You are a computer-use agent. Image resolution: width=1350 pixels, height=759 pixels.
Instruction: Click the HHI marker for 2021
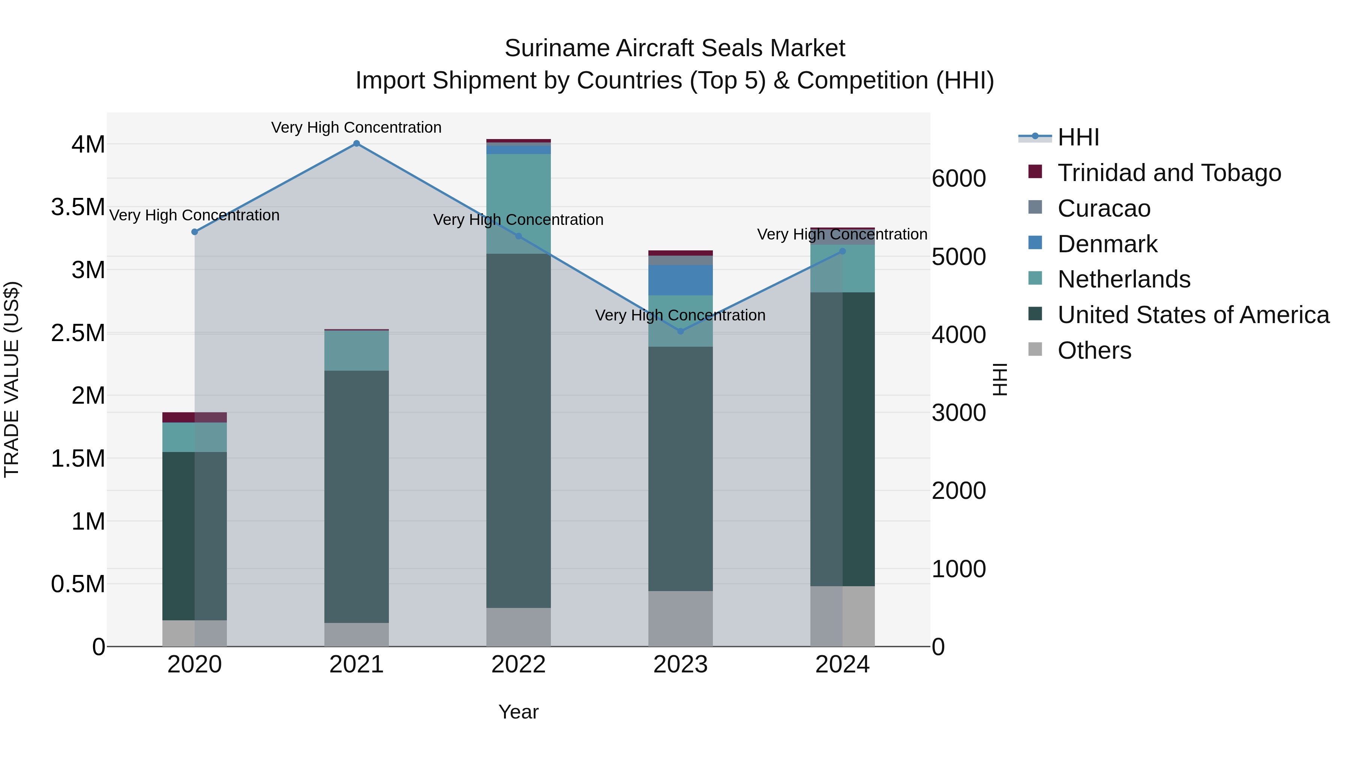pyautogui.click(x=356, y=144)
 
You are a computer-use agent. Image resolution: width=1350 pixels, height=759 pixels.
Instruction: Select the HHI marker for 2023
pyautogui.click(x=680, y=331)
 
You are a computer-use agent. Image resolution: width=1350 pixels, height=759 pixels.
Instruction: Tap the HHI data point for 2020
pyautogui.click(x=194, y=232)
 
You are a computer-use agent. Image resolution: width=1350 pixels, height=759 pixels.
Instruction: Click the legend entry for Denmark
pyautogui.click(x=1107, y=244)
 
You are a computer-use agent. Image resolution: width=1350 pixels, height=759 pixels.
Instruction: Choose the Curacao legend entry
pyautogui.click(x=1104, y=208)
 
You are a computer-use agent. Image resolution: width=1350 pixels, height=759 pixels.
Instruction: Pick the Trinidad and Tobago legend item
pyautogui.click(x=1168, y=173)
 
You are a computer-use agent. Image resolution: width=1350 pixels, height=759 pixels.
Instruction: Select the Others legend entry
pyautogui.click(x=1094, y=350)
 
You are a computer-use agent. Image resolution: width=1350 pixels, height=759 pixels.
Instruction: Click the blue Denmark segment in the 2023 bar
pyautogui.click(x=680, y=280)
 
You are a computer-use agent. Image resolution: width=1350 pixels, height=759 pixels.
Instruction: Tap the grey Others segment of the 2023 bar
pyautogui.click(x=680, y=618)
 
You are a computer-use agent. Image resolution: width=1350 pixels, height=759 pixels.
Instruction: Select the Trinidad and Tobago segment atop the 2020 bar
pyautogui.click(x=194, y=417)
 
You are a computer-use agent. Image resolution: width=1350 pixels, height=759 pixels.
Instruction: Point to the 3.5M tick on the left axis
pyautogui.click(x=78, y=207)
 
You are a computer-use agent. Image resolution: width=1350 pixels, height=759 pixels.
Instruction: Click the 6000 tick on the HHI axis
pyautogui.click(x=958, y=179)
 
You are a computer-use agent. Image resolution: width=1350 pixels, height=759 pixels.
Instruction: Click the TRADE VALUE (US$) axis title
pyautogui.click(x=12, y=379)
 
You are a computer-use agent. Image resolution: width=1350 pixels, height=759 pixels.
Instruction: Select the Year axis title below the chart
pyautogui.click(x=518, y=712)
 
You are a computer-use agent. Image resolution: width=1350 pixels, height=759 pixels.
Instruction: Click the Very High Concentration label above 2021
pyautogui.click(x=356, y=127)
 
